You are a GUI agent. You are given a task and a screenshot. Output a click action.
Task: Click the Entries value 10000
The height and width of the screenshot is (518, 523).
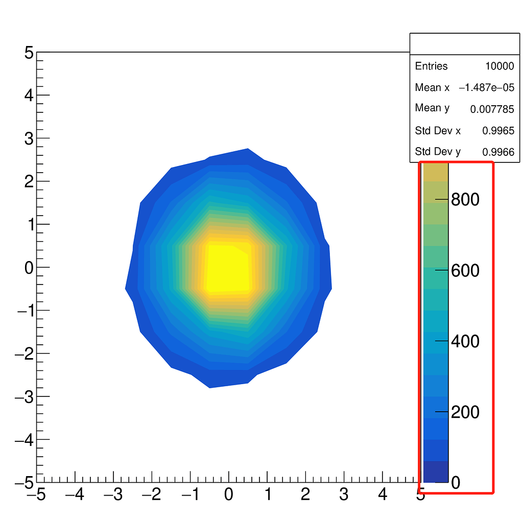click(x=500, y=66)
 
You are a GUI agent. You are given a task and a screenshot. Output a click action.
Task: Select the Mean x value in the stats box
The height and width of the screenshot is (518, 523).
click(x=486, y=88)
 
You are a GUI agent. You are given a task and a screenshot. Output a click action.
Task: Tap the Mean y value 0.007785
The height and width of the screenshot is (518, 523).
click(x=492, y=109)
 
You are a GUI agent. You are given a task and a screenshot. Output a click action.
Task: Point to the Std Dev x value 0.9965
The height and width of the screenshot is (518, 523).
click(x=498, y=131)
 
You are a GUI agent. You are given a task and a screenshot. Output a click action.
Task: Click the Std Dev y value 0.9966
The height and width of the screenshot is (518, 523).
click(x=498, y=152)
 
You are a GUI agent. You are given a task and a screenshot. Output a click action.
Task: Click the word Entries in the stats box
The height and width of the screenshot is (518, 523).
click(x=431, y=66)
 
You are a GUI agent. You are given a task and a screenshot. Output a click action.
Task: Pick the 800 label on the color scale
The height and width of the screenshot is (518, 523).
click(x=465, y=200)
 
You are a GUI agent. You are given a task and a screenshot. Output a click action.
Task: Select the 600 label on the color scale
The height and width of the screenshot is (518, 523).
click(x=465, y=271)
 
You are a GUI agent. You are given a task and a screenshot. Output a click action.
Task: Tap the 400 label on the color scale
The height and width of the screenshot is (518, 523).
click(x=465, y=342)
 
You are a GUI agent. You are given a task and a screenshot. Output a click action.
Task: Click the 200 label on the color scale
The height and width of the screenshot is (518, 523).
click(x=465, y=412)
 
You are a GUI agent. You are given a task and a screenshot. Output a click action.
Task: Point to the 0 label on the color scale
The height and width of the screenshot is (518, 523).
click(x=455, y=483)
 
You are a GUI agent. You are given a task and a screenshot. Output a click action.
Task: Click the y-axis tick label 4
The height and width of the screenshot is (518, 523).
click(x=29, y=96)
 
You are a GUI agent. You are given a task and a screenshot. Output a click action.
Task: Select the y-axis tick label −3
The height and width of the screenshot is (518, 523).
click(x=26, y=397)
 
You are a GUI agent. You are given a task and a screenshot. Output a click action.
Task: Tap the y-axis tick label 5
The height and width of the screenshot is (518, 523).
click(x=29, y=53)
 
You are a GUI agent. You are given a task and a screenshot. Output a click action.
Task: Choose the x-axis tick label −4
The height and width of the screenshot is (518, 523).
click(x=73, y=495)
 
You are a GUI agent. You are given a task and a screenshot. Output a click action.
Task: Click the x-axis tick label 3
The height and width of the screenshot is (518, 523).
click(x=344, y=495)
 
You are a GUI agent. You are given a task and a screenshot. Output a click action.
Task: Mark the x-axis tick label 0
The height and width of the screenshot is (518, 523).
click(x=229, y=495)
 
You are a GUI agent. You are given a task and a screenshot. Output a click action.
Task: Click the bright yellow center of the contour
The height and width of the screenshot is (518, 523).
click(x=227, y=268)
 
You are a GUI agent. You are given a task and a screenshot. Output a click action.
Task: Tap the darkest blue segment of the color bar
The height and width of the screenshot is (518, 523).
click(x=436, y=472)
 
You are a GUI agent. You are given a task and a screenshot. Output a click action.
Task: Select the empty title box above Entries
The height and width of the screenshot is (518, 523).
click(x=464, y=44)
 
